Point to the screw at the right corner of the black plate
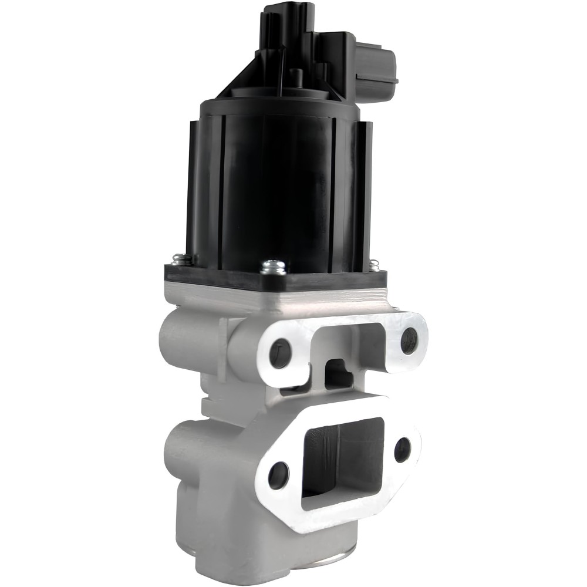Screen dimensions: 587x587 [373, 265]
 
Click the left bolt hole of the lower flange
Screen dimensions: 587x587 [278, 474]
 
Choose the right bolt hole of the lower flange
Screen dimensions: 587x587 [403, 450]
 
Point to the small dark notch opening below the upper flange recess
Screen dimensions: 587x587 [336, 372]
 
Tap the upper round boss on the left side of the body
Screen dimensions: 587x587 [176, 340]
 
